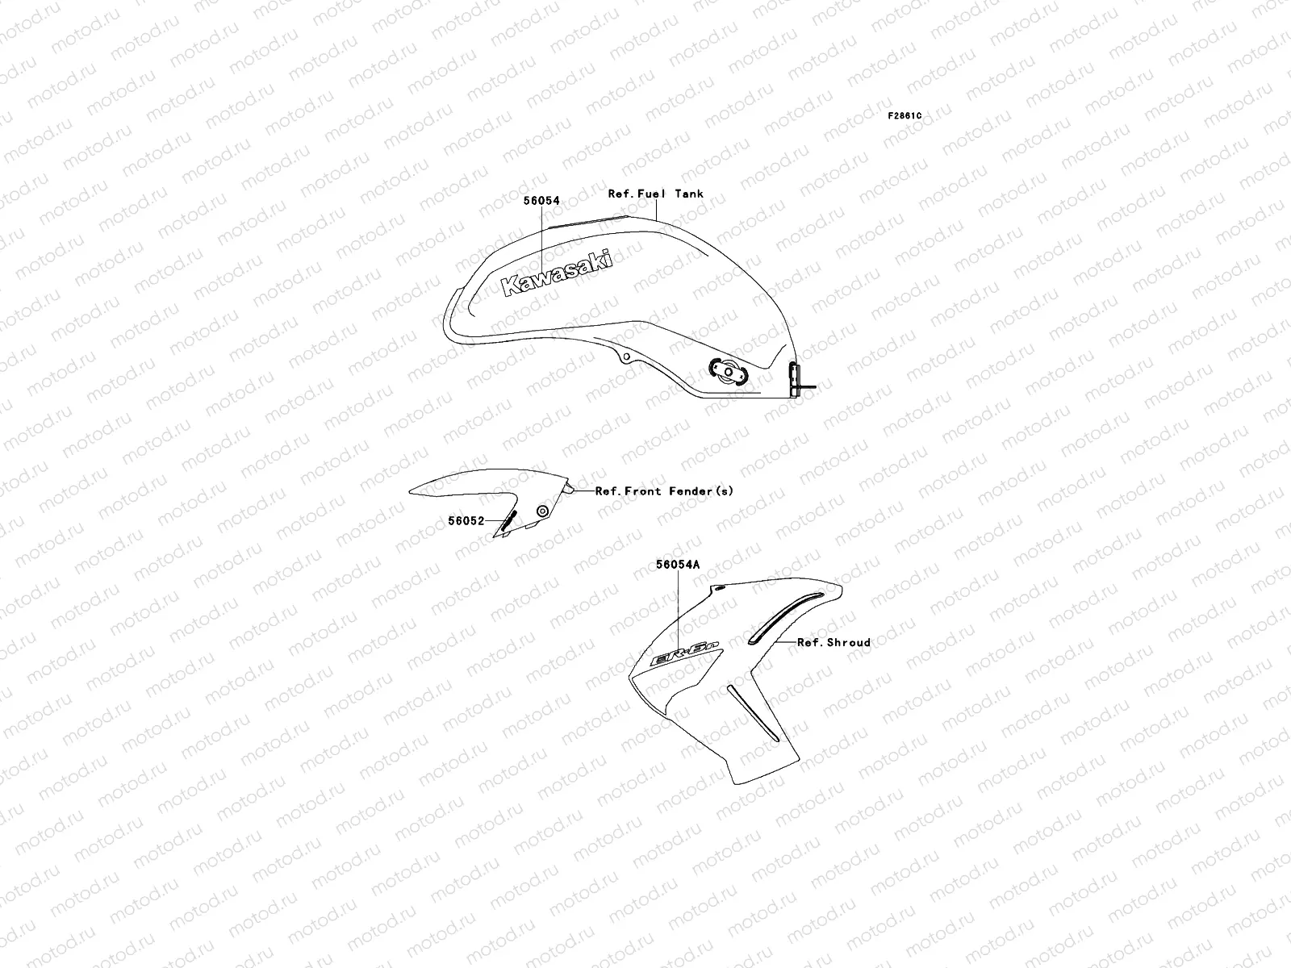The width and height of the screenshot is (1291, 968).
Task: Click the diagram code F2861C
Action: click(905, 116)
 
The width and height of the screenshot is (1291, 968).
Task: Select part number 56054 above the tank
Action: click(541, 201)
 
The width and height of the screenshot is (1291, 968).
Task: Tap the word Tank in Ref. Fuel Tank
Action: click(689, 194)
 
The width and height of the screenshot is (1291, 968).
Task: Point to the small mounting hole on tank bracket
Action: click(625, 357)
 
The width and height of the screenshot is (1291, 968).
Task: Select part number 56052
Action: click(466, 521)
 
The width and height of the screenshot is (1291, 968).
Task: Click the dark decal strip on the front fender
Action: click(509, 520)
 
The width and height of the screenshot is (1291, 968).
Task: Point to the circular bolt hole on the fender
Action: click(542, 511)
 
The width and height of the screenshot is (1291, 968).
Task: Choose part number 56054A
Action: click(678, 565)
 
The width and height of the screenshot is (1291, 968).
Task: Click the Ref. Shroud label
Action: click(834, 643)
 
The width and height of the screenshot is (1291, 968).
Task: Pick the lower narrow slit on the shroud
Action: click(753, 713)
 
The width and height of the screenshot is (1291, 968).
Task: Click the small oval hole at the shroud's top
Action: click(719, 590)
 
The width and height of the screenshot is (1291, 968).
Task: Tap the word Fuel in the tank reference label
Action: click(653, 194)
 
